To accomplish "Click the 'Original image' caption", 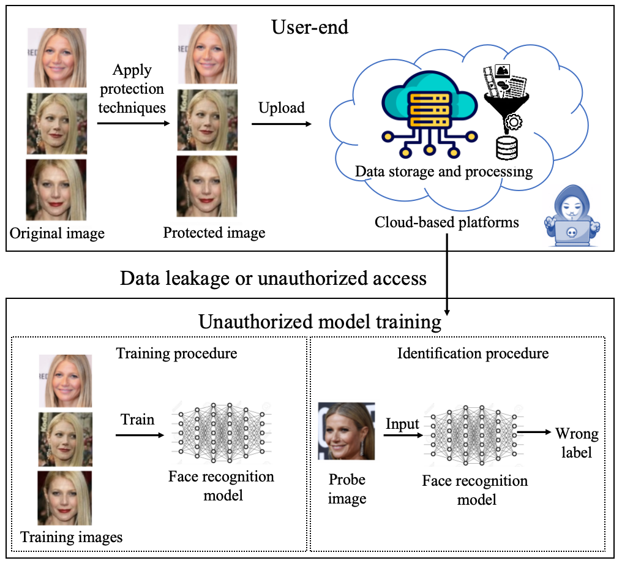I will [58, 233].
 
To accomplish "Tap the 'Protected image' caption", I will [214, 233].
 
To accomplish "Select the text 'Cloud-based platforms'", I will [447, 222].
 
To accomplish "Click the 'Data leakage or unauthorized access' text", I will [273, 278].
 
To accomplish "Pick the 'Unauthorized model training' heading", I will [320, 322].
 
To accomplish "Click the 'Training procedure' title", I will [176, 353].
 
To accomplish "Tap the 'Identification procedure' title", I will [473, 353].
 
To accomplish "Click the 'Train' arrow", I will [139, 435].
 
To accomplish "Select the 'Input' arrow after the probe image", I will [403, 436].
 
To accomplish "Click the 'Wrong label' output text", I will [577, 443].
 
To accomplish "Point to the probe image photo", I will [346, 431].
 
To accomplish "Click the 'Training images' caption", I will [72, 538].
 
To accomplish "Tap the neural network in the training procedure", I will [222, 432].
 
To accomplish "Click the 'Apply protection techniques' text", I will [132, 89].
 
